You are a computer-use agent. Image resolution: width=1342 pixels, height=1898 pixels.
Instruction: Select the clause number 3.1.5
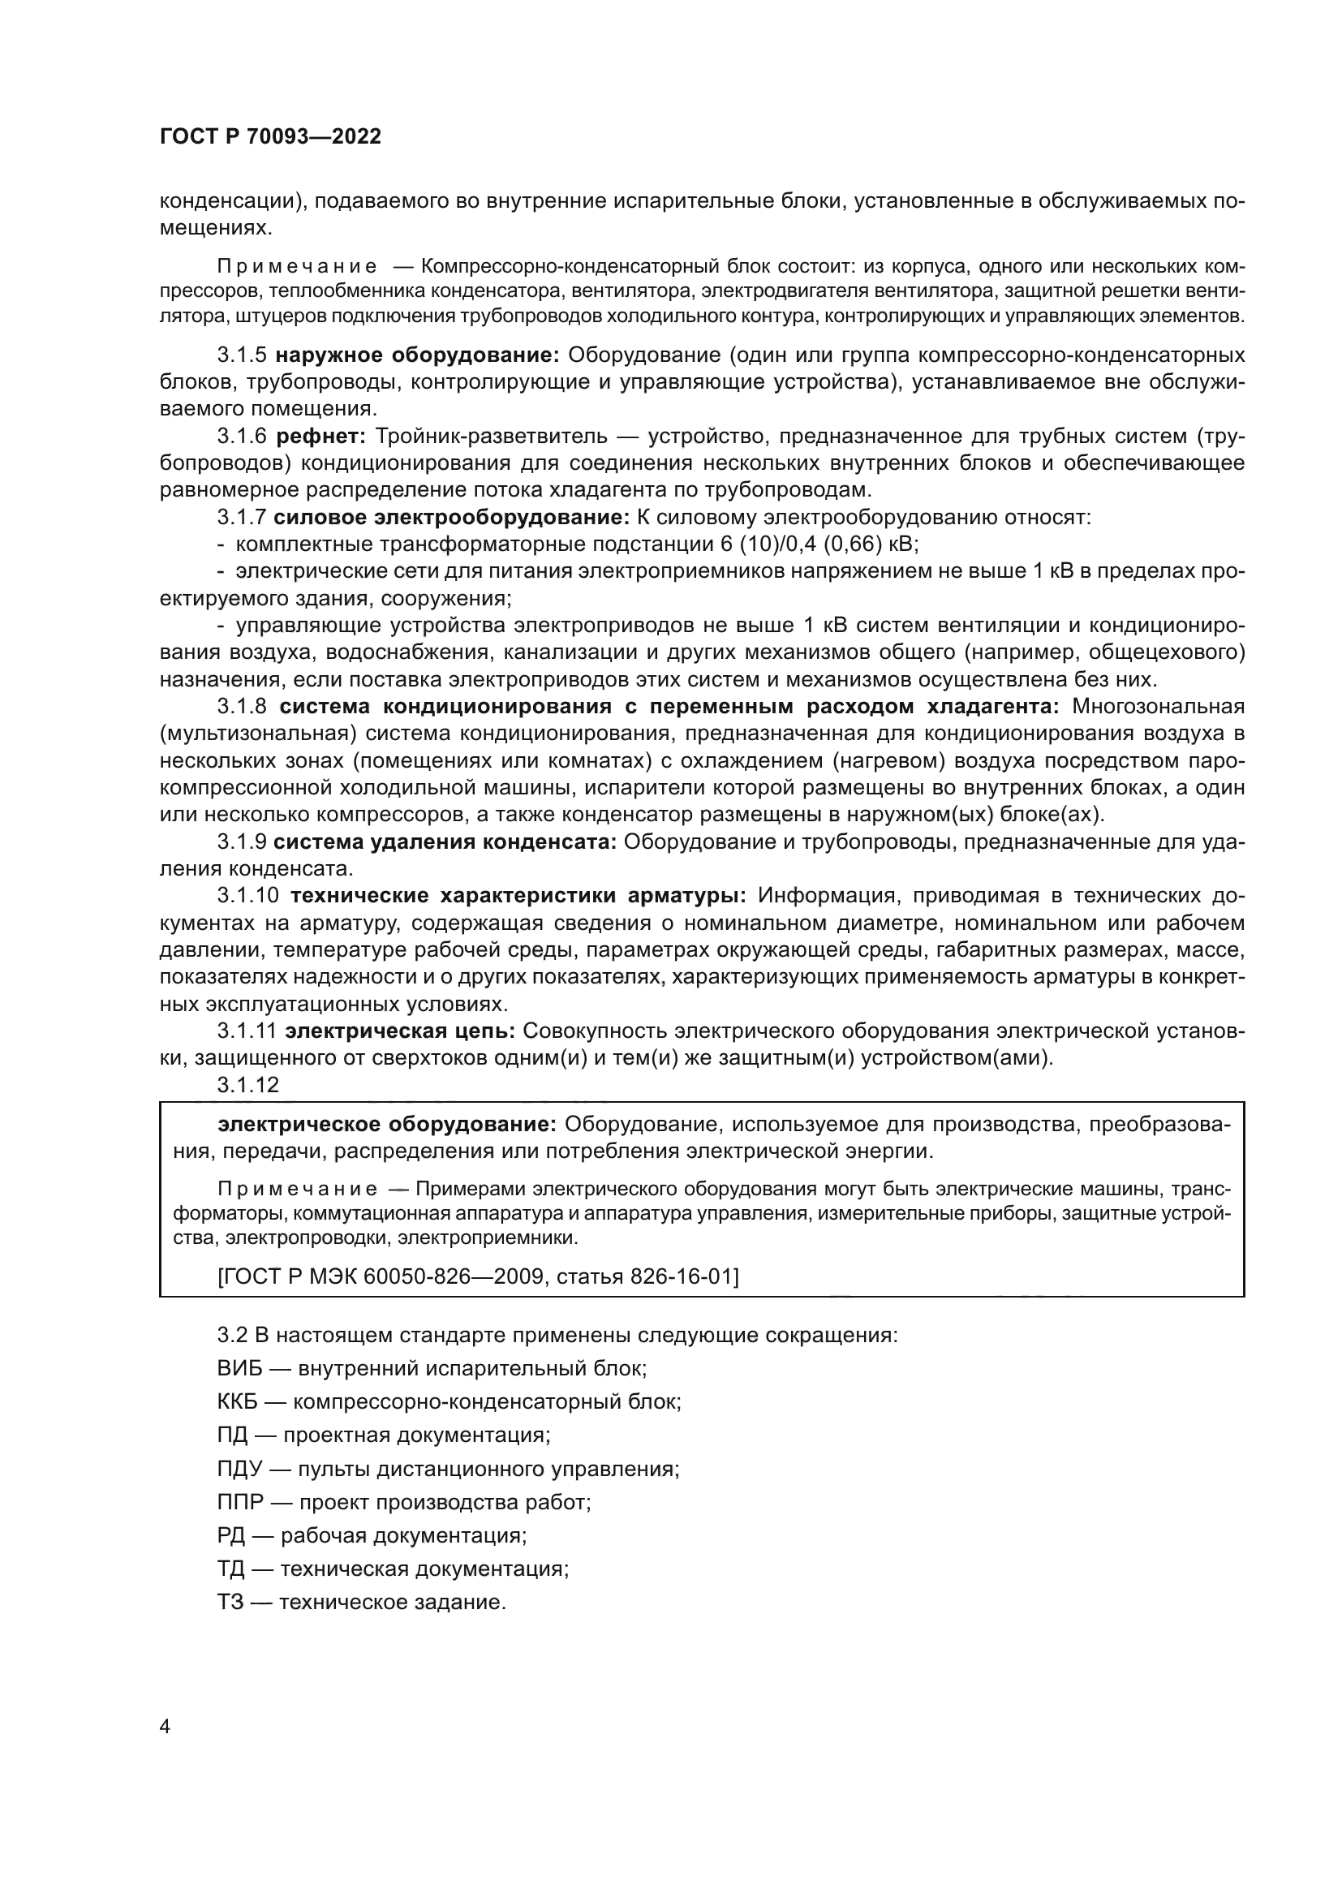[x=242, y=355]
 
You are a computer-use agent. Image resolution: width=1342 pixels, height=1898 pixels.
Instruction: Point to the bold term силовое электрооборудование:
[x=452, y=519]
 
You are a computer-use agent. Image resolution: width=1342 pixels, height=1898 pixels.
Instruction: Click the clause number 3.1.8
[x=242, y=707]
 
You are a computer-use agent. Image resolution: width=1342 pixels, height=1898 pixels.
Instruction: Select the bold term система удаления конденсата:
[x=445, y=842]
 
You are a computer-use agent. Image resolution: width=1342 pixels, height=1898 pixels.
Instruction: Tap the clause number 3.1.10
[x=249, y=896]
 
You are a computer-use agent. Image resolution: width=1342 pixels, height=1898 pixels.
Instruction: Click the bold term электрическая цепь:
[x=400, y=1031]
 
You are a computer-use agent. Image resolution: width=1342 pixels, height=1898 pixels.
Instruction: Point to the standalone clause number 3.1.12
[x=249, y=1086]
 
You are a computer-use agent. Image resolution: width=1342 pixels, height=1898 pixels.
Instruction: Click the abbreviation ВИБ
[x=239, y=1368]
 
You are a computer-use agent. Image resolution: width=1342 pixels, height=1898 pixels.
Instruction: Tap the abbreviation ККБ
[x=238, y=1402]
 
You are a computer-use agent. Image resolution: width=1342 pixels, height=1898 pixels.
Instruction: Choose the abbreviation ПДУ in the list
[x=239, y=1469]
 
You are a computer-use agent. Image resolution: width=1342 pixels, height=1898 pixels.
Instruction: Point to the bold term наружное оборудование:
[x=417, y=355]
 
